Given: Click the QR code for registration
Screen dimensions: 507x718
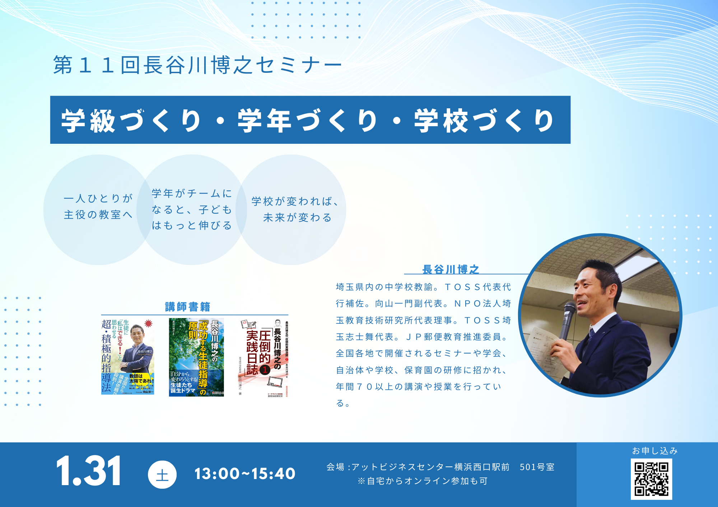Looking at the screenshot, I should pyautogui.click(x=651, y=479).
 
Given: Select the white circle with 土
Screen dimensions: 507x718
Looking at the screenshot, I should pyautogui.click(x=162, y=475).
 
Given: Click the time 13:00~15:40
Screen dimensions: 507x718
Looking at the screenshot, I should pyautogui.click(x=245, y=474).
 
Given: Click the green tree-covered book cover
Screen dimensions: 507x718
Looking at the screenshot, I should pyautogui.click(x=196, y=357).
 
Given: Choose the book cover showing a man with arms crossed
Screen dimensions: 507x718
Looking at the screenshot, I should pyautogui.click(x=128, y=357).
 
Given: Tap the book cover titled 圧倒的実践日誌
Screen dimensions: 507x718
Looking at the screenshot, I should pyautogui.click(x=264, y=357).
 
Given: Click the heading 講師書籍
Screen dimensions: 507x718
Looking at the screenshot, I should pyautogui.click(x=187, y=307).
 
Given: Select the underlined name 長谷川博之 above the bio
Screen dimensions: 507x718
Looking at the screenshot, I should pyautogui.click(x=451, y=269).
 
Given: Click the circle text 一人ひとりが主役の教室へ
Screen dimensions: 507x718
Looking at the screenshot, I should pyautogui.click(x=98, y=206).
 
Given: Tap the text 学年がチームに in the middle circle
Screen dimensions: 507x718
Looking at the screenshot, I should pyautogui.click(x=192, y=194).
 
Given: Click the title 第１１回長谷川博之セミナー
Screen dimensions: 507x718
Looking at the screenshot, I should pyautogui.click(x=198, y=65).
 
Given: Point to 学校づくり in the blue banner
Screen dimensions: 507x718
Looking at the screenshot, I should pyautogui.click(x=484, y=120).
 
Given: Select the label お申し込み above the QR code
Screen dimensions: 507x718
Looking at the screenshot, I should pyautogui.click(x=654, y=451).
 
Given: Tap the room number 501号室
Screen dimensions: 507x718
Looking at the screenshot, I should pyautogui.click(x=537, y=467).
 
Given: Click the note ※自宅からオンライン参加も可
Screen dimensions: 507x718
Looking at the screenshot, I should pyautogui.click(x=423, y=481).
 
